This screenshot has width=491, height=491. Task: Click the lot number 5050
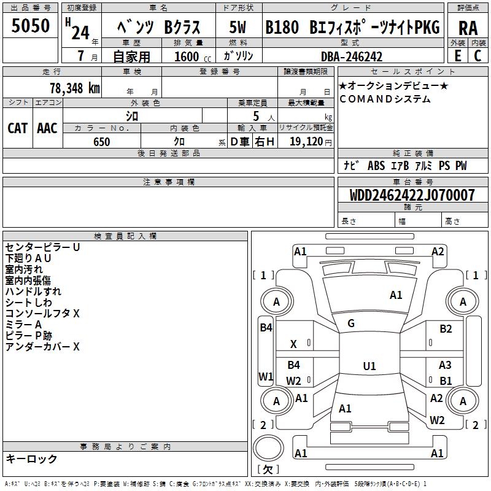click(31, 26)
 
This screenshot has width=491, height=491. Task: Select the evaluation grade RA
click(468, 28)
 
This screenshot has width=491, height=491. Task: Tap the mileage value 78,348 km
click(74, 88)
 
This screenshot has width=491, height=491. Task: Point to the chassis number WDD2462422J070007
click(412, 195)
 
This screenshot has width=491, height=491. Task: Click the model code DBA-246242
click(352, 56)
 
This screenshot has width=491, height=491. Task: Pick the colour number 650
click(102, 142)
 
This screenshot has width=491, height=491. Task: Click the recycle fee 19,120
click(305, 142)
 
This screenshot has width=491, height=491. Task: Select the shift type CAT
click(17, 128)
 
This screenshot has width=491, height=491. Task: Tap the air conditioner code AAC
click(47, 128)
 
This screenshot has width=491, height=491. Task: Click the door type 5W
click(238, 28)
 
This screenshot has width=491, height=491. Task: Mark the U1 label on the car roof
click(369, 366)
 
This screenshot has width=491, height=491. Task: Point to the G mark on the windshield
click(351, 323)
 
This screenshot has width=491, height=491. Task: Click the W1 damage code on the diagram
click(265, 376)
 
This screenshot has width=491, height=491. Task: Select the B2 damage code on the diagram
click(446, 329)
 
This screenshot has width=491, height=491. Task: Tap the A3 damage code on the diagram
click(445, 365)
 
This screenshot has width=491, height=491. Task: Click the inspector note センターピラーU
click(42, 247)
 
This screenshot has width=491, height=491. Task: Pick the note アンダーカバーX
click(42, 347)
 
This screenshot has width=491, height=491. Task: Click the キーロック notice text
click(31, 458)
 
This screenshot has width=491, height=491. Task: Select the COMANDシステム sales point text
click(385, 99)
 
